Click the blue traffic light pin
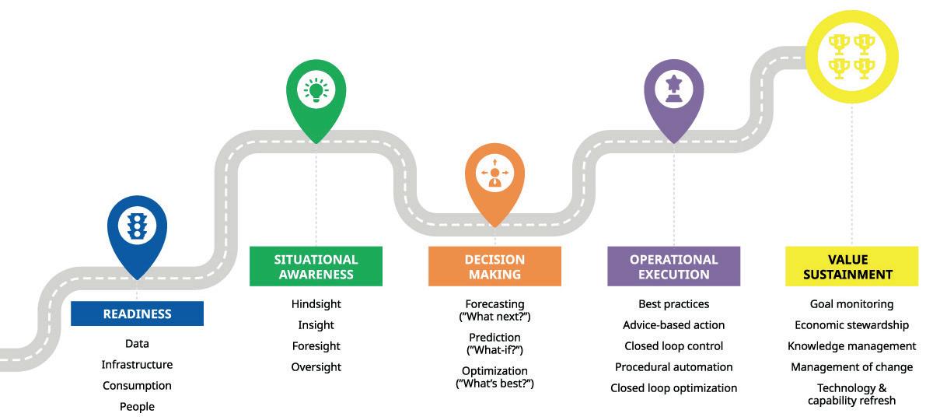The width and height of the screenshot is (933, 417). (137, 227)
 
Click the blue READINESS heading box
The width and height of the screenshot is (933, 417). (137, 314)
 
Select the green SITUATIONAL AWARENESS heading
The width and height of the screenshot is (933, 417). (316, 267)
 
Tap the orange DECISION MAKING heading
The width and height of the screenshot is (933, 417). (494, 267)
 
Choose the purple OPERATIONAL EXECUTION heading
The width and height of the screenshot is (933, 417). (674, 267)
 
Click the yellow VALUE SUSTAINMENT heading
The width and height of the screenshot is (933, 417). (851, 267)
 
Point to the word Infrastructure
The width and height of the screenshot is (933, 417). (137, 365)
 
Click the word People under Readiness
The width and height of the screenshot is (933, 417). (137, 407)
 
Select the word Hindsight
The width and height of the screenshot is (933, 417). (316, 304)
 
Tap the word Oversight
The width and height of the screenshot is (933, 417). (316, 367)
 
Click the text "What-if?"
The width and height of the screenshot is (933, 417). (494, 350)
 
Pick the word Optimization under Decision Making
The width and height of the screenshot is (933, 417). (494, 371)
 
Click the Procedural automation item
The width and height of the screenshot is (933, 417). (674, 367)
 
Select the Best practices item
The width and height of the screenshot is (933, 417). (674, 304)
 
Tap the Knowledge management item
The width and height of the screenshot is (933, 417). (851, 346)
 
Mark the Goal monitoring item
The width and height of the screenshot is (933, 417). (851, 304)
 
